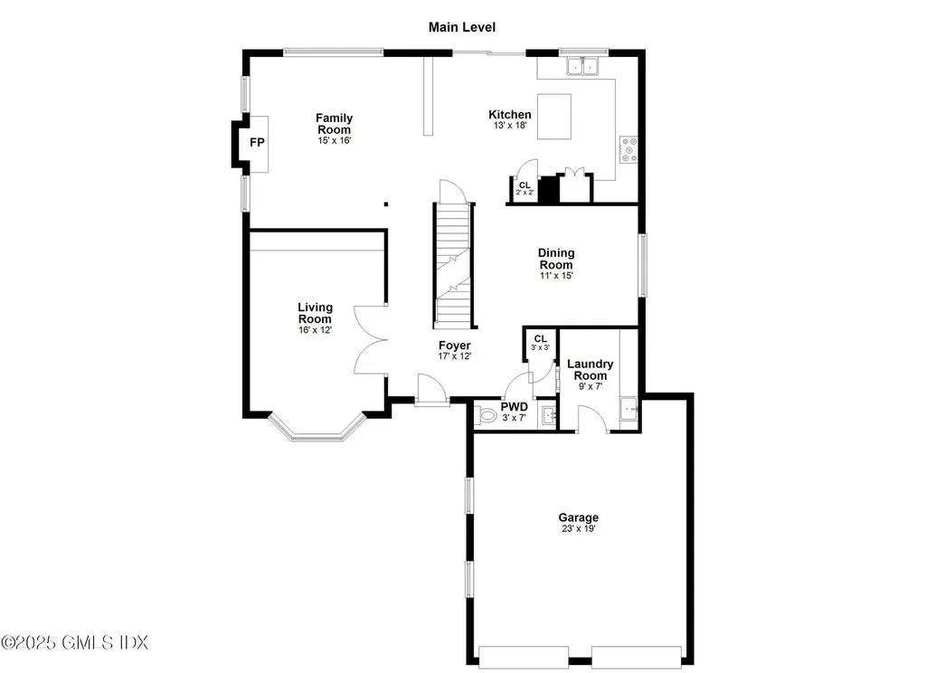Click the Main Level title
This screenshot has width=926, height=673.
pos(462,27)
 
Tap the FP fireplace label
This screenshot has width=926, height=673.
pos(257,143)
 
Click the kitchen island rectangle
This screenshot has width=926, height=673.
pos(554,116)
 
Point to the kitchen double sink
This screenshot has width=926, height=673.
pos(583,66)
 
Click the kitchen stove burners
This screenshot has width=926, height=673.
pos(628,149)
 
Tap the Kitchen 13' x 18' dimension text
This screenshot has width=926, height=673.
pos(510,127)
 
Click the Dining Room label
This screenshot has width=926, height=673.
pos(556,259)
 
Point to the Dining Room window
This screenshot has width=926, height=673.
pos(642,265)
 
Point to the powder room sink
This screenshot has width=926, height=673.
pos(548,415)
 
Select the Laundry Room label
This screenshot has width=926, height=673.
pos(590,369)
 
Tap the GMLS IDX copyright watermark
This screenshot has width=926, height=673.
pos(74,642)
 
